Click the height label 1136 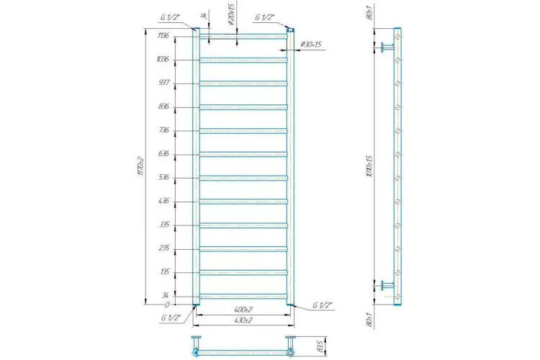(x=163, y=35)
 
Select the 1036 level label (x=163, y=59)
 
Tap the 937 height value (x=164, y=83)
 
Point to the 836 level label (x=164, y=107)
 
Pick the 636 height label (x=164, y=153)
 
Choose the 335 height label (x=164, y=224)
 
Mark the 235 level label (x=164, y=248)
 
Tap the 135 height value (x=164, y=271)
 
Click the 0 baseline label (x=167, y=305)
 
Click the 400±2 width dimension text (x=243, y=309)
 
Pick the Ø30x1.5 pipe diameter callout (x=312, y=45)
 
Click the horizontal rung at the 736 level (x=243, y=130)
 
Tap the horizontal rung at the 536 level (x=243, y=177)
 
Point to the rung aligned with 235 (x=243, y=248)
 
